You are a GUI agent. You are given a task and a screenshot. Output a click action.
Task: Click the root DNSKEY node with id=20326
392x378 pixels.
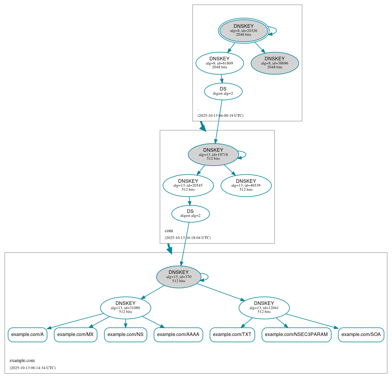[x=244, y=30]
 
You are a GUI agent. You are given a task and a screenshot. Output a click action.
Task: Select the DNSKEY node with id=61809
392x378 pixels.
[x=219, y=63]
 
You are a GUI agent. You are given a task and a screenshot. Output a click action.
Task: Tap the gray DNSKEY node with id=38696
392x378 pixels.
[x=275, y=63]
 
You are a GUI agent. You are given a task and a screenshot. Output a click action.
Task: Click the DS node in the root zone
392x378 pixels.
[x=223, y=91]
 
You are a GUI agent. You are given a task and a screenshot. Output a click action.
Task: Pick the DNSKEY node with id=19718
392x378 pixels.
[x=213, y=154]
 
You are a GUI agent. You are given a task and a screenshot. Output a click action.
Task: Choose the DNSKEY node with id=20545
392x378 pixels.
[x=188, y=185]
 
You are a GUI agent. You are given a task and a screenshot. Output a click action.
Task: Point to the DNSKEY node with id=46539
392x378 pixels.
[x=246, y=185]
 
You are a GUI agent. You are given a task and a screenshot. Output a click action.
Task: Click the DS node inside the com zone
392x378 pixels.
[x=190, y=214]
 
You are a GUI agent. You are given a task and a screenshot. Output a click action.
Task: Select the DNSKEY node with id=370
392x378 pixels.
[x=179, y=277]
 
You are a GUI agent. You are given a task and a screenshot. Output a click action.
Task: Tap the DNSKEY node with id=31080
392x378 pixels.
[x=126, y=308]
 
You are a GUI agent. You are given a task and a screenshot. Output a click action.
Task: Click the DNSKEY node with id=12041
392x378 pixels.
[x=264, y=308]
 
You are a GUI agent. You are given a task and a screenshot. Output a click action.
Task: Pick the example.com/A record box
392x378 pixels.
[x=27, y=335]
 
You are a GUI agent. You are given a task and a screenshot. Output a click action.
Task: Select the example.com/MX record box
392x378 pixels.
[x=75, y=335]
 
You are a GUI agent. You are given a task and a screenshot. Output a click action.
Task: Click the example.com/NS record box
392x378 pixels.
[x=126, y=335]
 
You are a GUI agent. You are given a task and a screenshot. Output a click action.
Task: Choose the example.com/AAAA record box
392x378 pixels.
[x=178, y=335]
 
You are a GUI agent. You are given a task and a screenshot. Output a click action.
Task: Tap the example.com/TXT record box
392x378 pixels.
[x=232, y=335]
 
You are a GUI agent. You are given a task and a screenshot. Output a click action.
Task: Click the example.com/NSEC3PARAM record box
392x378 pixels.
[x=296, y=335]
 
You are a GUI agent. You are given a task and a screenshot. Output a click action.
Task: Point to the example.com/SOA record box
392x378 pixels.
[x=361, y=335]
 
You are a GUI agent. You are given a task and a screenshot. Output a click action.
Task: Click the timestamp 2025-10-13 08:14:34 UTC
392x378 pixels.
[x=32, y=368]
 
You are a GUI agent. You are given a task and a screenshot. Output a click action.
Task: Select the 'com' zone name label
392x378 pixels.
[x=169, y=231]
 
